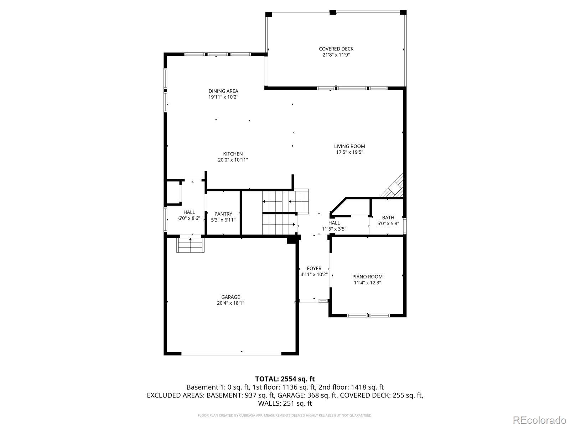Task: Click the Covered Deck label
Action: (x=336, y=49)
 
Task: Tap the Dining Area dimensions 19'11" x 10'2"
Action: (x=223, y=97)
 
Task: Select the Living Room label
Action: (x=349, y=146)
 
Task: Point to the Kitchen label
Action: (x=233, y=154)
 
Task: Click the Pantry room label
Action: (x=223, y=214)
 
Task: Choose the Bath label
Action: (x=388, y=217)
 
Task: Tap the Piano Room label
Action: (x=367, y=276)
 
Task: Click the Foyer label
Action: (x=314, y=268)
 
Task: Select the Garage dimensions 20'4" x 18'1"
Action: (x=230, y=303)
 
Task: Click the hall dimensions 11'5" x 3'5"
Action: (x=334, y=229)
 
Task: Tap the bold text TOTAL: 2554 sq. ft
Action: (x=285, y=379)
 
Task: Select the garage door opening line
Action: (x=231, y=353)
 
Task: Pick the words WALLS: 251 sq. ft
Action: (x=285, y=404)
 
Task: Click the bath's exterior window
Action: (x=405, y=226)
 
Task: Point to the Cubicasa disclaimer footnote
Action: (x=285, y=415)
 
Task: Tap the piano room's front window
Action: (x=368, y=316)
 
